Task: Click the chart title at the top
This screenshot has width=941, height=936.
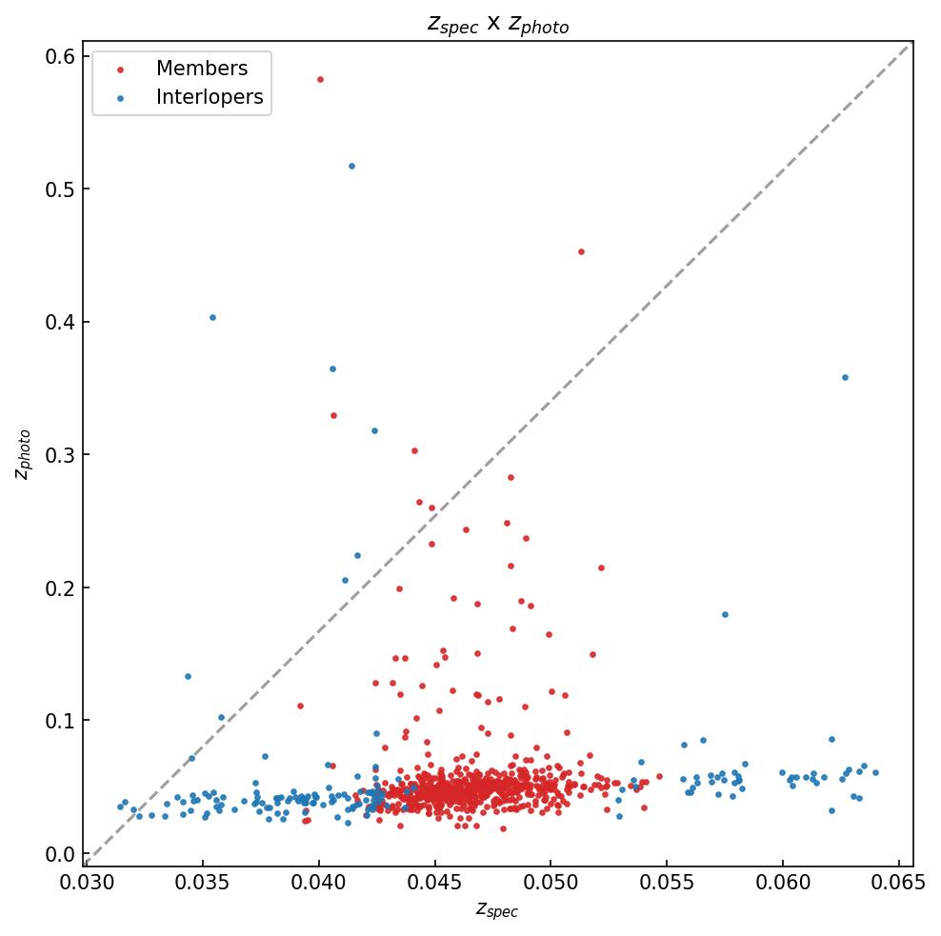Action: (x=498, y=25)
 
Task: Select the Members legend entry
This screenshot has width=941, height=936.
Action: (x=201, y=69)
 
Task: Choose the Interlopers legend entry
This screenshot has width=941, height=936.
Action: (x=209, y=97)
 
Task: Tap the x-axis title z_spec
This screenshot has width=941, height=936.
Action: (x=497, y=910)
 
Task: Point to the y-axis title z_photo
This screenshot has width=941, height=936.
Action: (x=23, y=454)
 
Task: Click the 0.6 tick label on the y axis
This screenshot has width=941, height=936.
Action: (x=61, y=56)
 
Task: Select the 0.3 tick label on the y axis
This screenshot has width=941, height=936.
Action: (x=61, y=455)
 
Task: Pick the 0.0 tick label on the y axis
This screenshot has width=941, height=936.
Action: (x=61, y=854)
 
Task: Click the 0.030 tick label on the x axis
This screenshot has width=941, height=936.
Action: (x=87, y=883)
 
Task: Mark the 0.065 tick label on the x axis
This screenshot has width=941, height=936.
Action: (x=899, y=883)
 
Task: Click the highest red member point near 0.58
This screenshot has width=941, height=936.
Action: (x=320, y=79)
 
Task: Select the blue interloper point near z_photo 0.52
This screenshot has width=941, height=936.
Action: (x=351, y=166)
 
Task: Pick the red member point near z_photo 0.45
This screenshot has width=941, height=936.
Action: (x=581, y=251)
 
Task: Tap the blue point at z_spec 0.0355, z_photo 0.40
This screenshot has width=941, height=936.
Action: (x=212, y=317)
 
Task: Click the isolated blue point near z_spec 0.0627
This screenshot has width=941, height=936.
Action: (x=844, y=377)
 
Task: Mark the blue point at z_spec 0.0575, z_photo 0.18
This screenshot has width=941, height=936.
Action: (x=725, y=614)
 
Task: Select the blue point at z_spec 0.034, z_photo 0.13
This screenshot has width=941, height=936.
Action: (x=188, y=676)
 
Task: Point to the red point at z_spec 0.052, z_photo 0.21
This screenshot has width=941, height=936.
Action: (x=601, y=568)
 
